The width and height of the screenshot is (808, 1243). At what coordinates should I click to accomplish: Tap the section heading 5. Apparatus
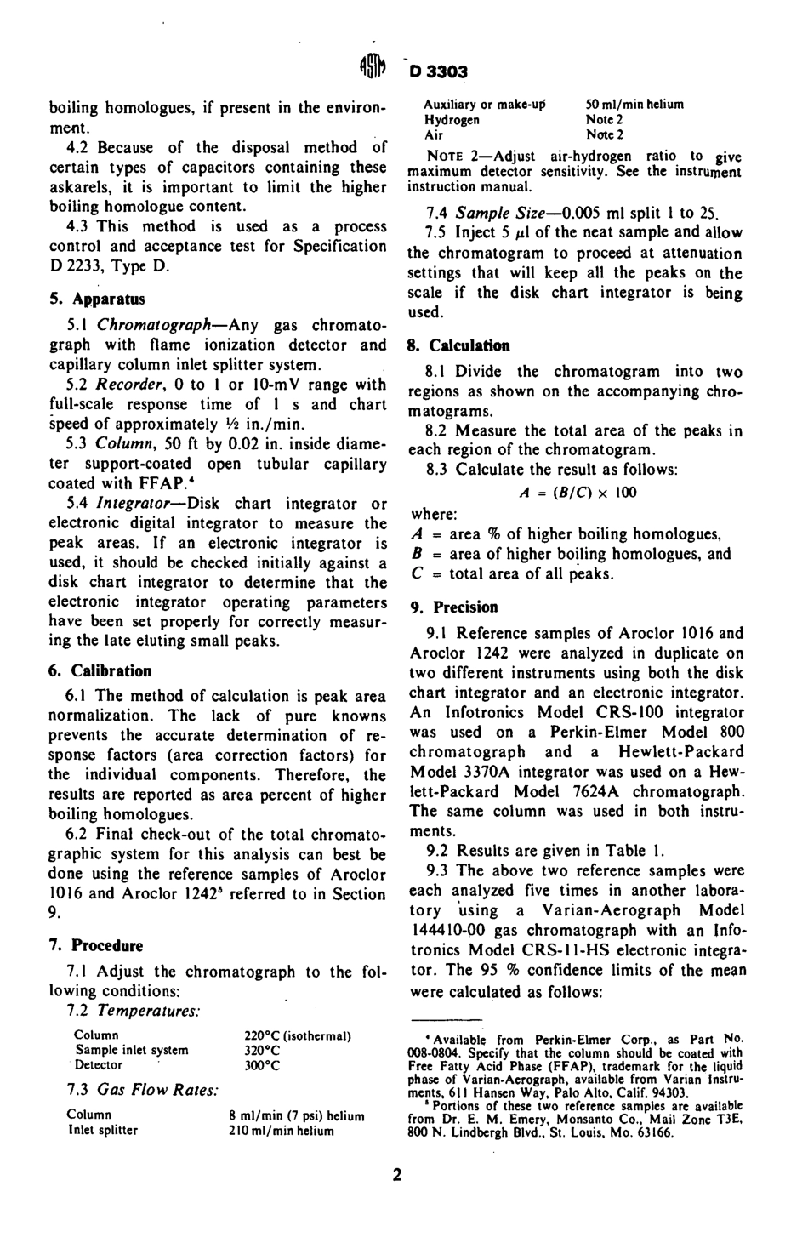[x=97, y=299]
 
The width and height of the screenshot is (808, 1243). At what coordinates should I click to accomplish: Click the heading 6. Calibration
[x=100, y=670]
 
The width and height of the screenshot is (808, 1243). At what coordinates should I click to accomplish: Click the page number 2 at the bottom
[x=396, y=1176]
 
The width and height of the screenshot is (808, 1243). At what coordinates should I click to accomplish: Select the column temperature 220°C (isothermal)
[x=298, y=1036]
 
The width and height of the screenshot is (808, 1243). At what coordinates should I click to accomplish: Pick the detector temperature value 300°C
[x=262, y=1064]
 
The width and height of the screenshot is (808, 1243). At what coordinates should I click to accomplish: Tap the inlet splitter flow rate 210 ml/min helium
[x=282, y=1131]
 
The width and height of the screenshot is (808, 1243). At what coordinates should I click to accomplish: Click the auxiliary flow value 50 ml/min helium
[x=634, y=105]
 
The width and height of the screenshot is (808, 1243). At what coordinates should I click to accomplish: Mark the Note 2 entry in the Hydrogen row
[x=605, y=120]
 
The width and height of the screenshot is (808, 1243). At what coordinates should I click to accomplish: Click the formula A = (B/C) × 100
[x=578, y=493]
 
